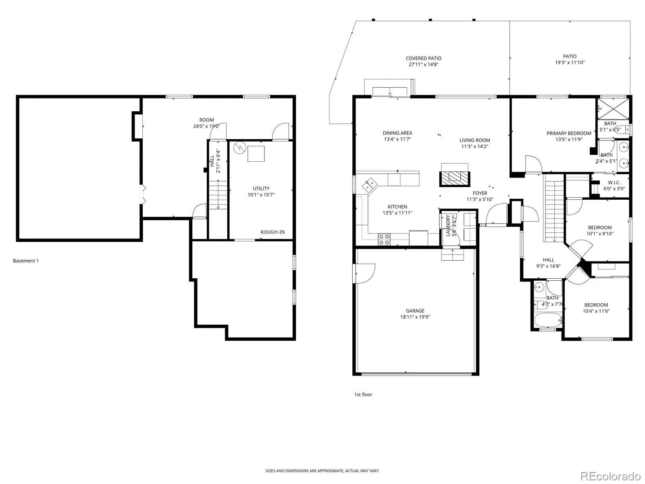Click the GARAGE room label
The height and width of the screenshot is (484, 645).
415,311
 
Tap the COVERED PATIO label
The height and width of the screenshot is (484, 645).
423,58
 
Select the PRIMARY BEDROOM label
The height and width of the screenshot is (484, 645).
568,133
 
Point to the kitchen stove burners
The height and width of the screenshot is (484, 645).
384,239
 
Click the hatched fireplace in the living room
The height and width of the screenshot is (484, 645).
454,178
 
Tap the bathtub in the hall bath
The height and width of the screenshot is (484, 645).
548,320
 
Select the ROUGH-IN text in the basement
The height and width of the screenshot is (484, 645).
273,232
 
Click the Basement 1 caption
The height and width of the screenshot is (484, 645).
26,261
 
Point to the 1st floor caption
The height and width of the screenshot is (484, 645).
363,394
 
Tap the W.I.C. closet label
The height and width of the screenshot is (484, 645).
614,182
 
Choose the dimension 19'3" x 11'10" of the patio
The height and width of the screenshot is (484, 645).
570,62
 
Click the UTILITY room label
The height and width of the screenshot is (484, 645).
261,188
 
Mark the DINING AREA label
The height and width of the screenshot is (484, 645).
397,133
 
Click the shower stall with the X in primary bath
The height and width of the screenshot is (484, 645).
613,109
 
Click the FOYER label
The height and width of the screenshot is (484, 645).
480,193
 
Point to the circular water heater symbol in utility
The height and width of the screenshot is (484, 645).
239,148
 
